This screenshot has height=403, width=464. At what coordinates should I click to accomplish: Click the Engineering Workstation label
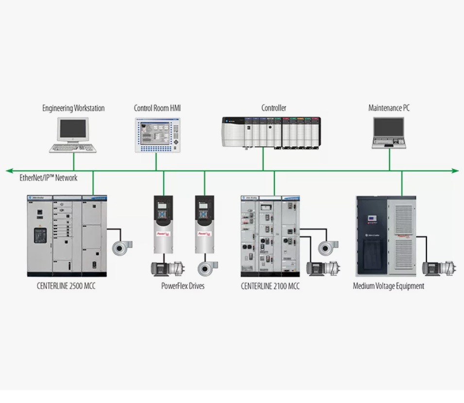point(73,108)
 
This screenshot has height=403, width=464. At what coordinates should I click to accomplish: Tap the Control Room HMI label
point(157,108)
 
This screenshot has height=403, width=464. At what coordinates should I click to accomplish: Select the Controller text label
point(274,108)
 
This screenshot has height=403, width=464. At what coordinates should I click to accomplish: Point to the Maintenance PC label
point(389,108)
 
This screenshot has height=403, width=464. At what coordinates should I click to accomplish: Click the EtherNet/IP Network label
point(48,178)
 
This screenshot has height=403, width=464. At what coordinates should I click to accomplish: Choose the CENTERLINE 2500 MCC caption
point(66,286)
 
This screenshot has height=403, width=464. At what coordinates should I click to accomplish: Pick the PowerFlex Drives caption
point(183,286)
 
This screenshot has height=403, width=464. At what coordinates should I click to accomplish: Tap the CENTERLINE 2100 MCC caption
point(270,286)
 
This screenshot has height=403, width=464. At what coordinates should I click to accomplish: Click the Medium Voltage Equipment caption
point(388,286)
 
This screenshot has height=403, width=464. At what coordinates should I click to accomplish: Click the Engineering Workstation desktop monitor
point(73,130)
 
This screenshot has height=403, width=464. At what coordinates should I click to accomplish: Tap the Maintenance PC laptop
point(389,134)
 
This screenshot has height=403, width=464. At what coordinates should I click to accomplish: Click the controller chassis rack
point(272,133)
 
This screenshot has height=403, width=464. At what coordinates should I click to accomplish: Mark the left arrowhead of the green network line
point(9,171)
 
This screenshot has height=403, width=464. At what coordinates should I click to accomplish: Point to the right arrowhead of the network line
point(455,171)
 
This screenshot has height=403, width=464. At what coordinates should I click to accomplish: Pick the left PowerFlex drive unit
point(163,224)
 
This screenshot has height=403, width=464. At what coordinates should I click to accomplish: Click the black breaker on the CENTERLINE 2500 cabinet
point(39,236)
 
